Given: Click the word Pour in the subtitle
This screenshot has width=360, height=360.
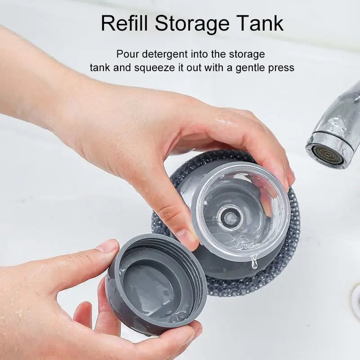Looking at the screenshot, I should [x=126, y=54].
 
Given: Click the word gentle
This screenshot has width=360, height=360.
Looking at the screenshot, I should [x=249, y=68].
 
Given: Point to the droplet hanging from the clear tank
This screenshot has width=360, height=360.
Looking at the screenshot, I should [x=255, y=262].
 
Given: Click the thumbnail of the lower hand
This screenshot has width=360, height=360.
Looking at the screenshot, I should [x=107, y=246].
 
